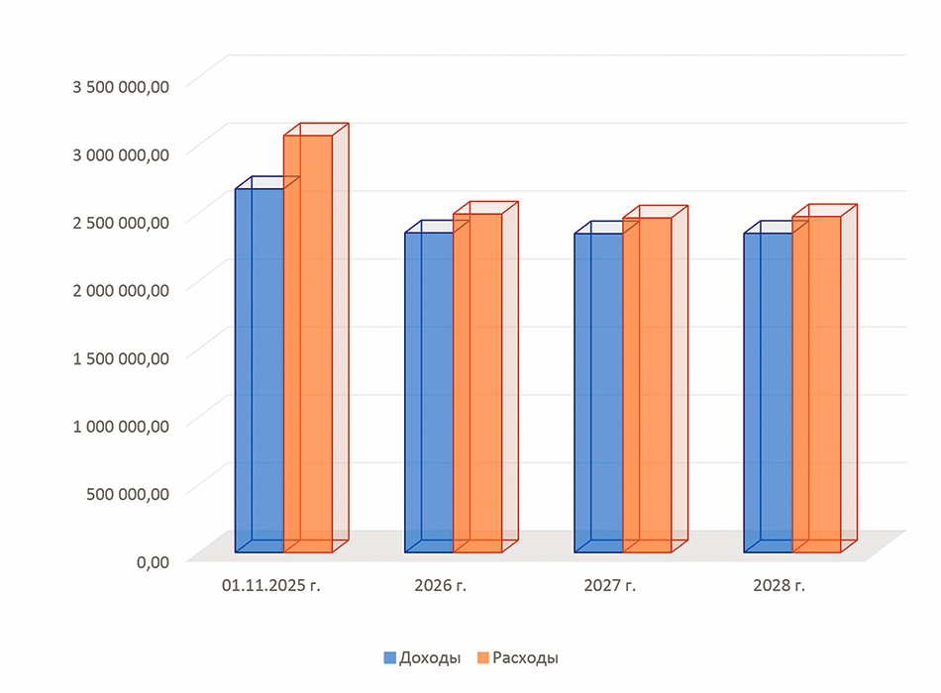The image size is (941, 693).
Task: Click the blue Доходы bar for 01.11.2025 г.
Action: (x=259, y=370)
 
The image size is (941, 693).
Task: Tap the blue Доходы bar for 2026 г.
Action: (x=429, y=392)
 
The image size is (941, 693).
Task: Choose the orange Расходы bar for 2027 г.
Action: (x=647, y=385)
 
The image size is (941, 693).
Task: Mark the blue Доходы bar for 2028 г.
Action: (x=768, y=392)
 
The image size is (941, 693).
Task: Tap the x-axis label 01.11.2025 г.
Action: (x=271, y=586)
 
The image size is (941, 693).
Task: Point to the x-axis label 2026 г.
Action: (x=440, y=586)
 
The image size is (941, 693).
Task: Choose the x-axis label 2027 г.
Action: (x=609, y=586)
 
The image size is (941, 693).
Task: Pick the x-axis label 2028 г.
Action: (x=779, y=586)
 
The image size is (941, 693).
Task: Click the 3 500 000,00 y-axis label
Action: (x=121, y=86)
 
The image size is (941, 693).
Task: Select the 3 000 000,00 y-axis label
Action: (x=121, y=153)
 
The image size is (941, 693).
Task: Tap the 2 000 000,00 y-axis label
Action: (x=121, y=289)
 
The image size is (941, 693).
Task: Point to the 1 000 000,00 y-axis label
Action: (x=121, y=426)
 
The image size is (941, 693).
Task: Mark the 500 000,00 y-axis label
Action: (x=129, y=493)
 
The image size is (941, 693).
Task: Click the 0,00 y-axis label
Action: (x=153, y=561)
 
